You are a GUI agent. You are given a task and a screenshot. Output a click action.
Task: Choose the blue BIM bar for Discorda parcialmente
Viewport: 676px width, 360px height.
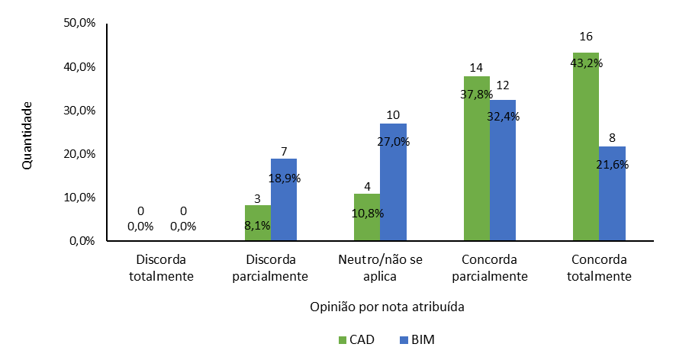tap(284, 202)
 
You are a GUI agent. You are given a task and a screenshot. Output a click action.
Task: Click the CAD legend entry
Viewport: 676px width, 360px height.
tap(356, 339)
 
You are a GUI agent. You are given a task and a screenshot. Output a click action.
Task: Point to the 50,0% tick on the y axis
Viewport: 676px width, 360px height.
tap(79, 23)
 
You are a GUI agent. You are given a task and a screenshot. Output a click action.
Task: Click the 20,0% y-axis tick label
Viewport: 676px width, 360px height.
tap(79, 154)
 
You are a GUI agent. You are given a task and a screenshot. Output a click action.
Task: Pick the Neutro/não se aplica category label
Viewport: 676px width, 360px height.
tap(380, 268)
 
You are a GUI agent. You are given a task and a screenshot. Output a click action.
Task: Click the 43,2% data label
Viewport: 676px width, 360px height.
tap(587, 63)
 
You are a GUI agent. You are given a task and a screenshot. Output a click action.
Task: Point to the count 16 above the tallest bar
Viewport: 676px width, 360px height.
tap(586, 37)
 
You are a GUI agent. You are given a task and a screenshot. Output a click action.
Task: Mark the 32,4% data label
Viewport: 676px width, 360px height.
tap(502, 117)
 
